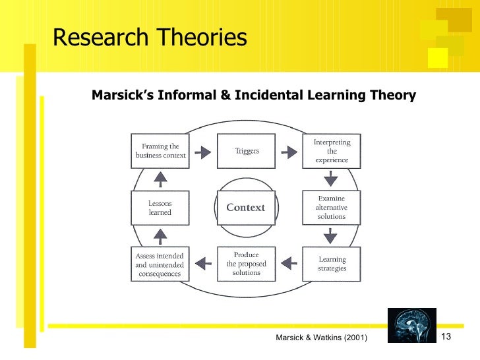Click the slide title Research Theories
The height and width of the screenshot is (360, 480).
(x=150, y=38)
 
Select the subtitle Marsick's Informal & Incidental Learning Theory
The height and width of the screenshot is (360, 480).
(x=253, y=96)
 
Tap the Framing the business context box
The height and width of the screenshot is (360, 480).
(x=160, y=151)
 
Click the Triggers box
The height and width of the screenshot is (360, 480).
(x=247, y=151)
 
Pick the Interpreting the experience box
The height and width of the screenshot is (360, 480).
(x=332, y=151)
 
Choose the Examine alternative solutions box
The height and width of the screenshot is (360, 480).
(x=332, y=207)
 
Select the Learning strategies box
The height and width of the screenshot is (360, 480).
(x=332, y=264)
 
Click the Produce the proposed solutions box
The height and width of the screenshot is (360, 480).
(x=247, y=264)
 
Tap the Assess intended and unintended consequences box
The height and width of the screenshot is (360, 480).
(x=160, y=264)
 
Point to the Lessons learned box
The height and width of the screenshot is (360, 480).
(x=160, y=208)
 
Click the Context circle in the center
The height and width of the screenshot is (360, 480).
(x=245, y=208)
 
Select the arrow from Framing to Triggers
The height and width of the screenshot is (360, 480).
(x=203, y=152)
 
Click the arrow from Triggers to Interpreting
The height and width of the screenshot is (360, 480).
(x=289, y=152)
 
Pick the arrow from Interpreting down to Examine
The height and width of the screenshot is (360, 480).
(x=331, y=179)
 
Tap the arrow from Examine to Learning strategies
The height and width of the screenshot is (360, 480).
(x=331, y=235)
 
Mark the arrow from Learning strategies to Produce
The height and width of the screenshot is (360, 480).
(x=289, y=264)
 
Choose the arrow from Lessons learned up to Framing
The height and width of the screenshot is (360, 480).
(x=160, y=179)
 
